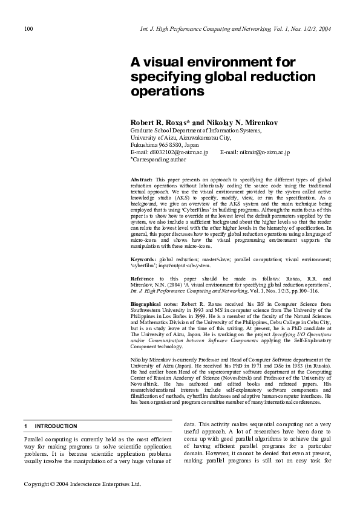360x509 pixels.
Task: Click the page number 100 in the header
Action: coord(28,29)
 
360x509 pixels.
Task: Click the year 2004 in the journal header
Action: coord(324,29)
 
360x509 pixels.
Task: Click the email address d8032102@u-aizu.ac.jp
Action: coord(178,153)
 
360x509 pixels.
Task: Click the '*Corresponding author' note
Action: coord(159,160)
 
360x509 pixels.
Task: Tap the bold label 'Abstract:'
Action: coord(142,180)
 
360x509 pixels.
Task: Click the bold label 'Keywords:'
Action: coord(143,259)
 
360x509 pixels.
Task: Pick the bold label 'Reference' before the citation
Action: coord(143,279)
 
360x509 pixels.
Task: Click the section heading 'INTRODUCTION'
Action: coord(56,426)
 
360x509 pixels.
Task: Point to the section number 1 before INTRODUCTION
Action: coord(25,426)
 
